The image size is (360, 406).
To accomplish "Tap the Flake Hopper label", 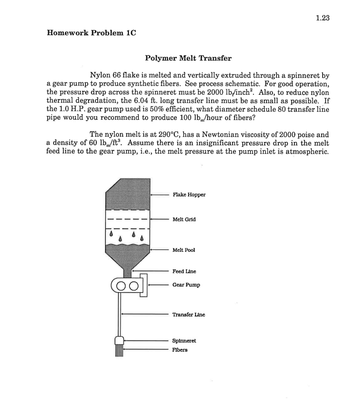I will [189, 194].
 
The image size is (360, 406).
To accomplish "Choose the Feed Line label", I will [184, 271].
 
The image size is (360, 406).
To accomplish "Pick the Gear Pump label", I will [186, 285].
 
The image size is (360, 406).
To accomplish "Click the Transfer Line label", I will [188, 315].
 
